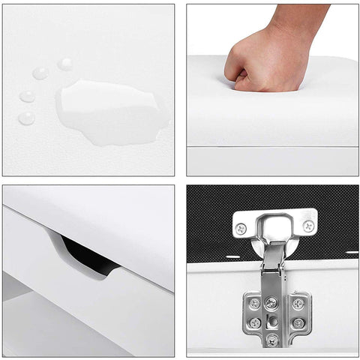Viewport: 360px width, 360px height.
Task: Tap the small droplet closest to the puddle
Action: tap(64, 64)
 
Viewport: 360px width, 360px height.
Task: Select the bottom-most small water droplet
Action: tap(27, 118)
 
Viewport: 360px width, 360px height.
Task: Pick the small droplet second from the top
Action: tap(40, 73)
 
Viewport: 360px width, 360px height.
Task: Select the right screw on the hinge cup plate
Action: tap(307, 225)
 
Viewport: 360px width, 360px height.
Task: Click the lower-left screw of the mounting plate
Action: tap(256, 322)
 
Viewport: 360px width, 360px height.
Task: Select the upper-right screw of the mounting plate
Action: tap(298, 303)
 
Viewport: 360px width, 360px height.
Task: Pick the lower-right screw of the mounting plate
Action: tap(298, 322)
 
